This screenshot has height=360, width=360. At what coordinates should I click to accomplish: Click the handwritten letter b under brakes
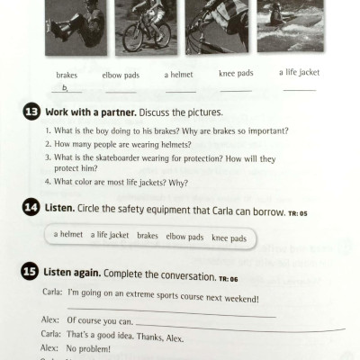click(65, 87)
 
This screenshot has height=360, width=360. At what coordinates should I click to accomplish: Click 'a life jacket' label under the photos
click(298, 73)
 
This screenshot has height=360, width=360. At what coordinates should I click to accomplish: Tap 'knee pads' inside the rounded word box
click(230, 237)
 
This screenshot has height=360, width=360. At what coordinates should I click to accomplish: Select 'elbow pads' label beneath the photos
click(120, 76)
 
